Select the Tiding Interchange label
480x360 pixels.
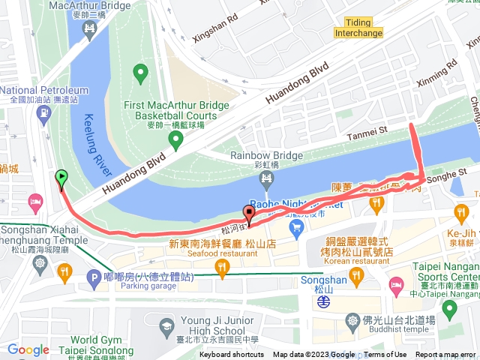coord(364,28)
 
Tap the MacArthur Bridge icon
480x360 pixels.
coord(89,29)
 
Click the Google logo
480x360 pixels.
coord(28,349)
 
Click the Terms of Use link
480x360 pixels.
coord(385,355)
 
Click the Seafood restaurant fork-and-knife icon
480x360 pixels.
coord(220,267)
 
